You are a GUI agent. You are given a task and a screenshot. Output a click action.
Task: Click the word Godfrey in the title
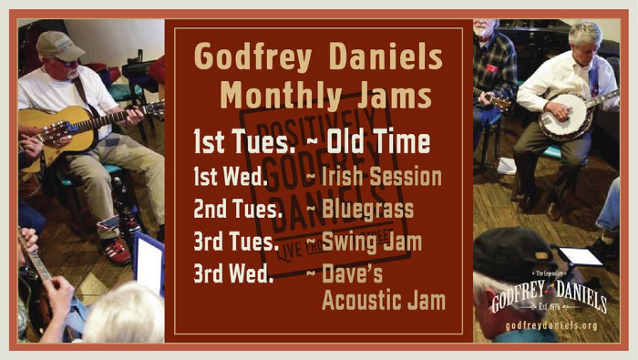coord(252,58)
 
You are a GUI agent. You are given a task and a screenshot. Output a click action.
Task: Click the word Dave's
coord(354,273)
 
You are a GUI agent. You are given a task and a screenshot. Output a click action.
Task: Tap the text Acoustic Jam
coord(383,300)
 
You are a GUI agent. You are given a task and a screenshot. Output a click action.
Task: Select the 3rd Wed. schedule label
coord(233,273)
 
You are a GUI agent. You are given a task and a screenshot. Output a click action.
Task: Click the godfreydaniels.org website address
coord(551,325)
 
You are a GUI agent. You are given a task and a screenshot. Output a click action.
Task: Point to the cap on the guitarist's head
coord(57,45)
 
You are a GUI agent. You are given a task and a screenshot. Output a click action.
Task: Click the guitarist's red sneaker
coord(116,251)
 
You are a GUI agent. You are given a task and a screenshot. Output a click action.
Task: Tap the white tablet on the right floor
coord(581,256)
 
